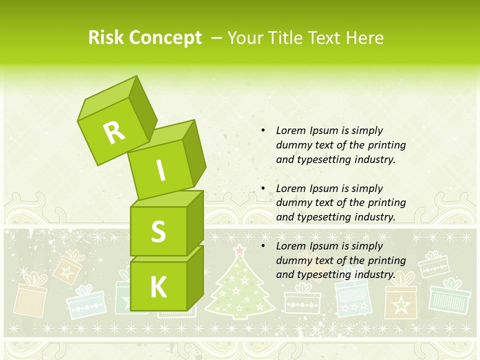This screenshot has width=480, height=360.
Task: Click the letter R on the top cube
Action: [x=114, y=132]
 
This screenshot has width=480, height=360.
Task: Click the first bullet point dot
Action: [x=263, y=130]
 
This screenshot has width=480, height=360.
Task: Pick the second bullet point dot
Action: [x=263, y=188]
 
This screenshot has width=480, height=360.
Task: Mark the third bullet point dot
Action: [x=263, y=246]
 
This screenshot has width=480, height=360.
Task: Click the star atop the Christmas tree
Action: [x=240, y=249]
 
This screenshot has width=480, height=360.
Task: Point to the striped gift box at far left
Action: [x=30, y=300]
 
